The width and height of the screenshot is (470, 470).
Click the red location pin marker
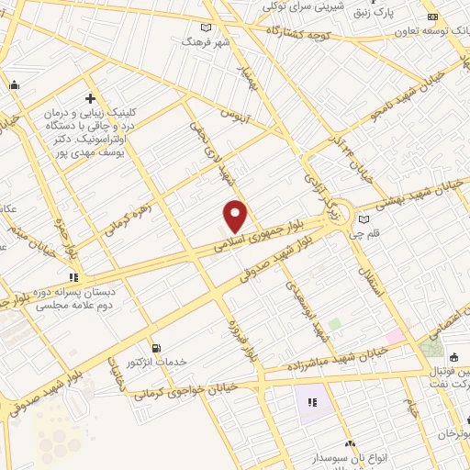pos(236,215)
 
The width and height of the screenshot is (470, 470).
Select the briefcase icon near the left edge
pos(14,85)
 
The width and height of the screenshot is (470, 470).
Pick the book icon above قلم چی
pos(365,219)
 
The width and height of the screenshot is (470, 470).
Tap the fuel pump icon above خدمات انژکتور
pos(155,348)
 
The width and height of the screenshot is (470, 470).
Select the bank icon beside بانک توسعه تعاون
pos(431,17)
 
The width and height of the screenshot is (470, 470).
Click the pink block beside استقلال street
pos(396,337)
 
